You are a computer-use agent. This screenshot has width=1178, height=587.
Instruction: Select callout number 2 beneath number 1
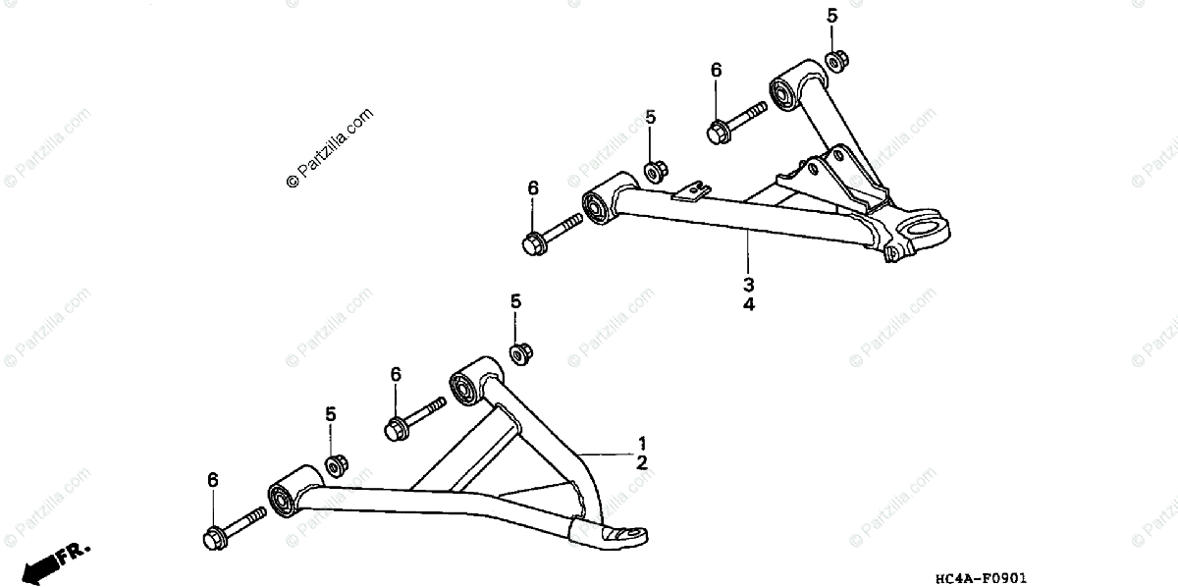tap(641, 462)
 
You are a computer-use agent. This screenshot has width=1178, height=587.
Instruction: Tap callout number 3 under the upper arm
tap(748, 285)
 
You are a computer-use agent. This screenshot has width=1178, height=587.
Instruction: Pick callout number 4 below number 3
tap(748, 304)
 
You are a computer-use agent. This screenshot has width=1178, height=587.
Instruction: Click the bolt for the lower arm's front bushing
tap(233, 526)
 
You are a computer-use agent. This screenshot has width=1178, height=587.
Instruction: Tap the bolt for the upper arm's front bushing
tap(553, 233)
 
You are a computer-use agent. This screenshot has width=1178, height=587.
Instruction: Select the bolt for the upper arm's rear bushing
tap(734, 121)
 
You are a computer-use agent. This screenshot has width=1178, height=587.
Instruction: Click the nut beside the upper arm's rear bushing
tap(836, 60)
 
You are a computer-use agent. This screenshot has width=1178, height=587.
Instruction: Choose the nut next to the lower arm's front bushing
tap(336, 464)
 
